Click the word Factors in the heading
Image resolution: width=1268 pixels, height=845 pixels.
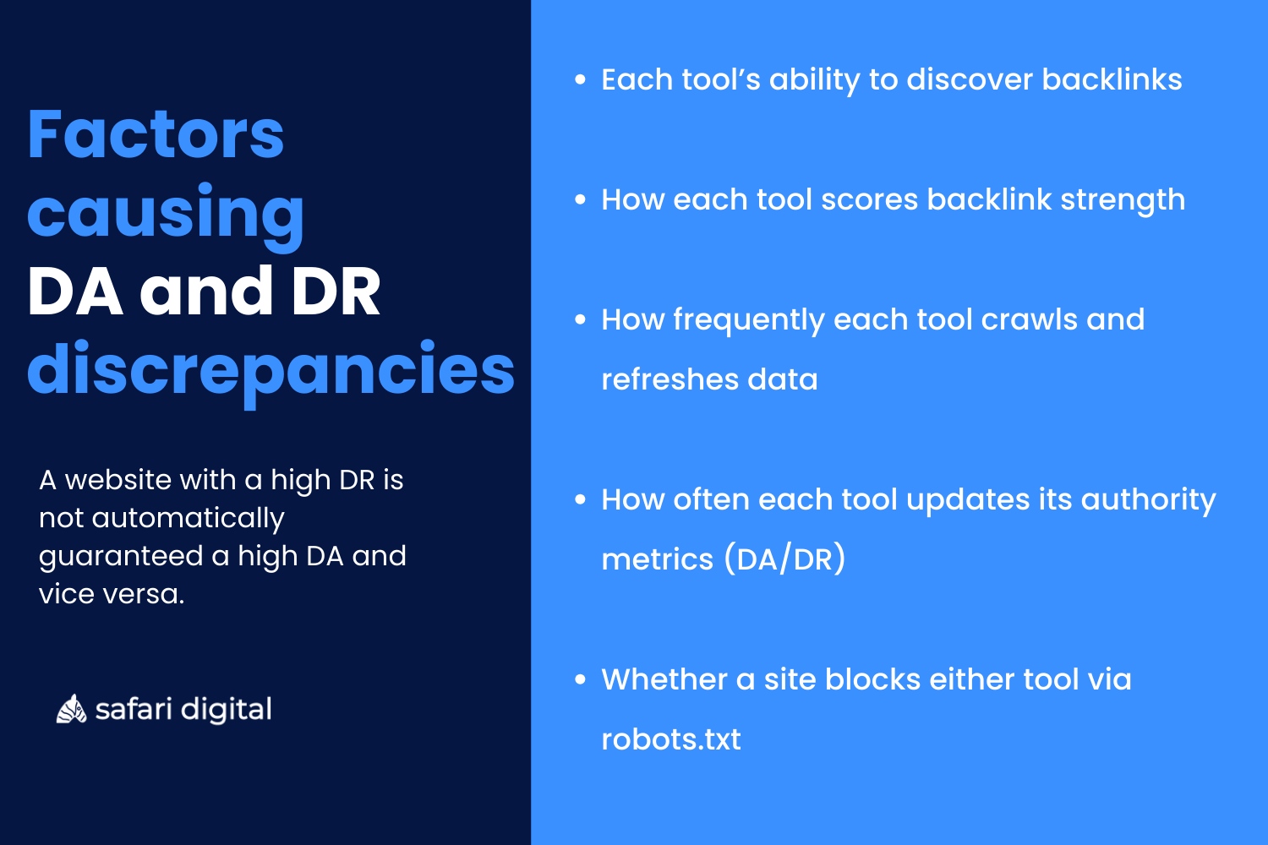pos(156,135)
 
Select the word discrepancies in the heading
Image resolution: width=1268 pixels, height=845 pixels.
pos(271,370)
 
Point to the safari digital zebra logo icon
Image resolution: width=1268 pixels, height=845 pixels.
pos(71,710)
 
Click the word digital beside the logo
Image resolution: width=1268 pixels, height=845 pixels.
pos(227,710)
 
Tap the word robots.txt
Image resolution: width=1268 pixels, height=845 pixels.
pos(670,739)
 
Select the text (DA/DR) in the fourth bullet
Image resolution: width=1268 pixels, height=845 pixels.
pos(784,559)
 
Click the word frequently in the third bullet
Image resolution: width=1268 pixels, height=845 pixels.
pos(748,321)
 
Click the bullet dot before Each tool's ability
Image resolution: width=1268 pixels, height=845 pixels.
pos(580,80)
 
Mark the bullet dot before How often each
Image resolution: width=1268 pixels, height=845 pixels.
pos(580,500)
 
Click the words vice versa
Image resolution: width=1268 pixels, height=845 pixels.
pos(111,594)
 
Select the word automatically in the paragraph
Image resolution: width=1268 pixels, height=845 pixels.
pos(188,518)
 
